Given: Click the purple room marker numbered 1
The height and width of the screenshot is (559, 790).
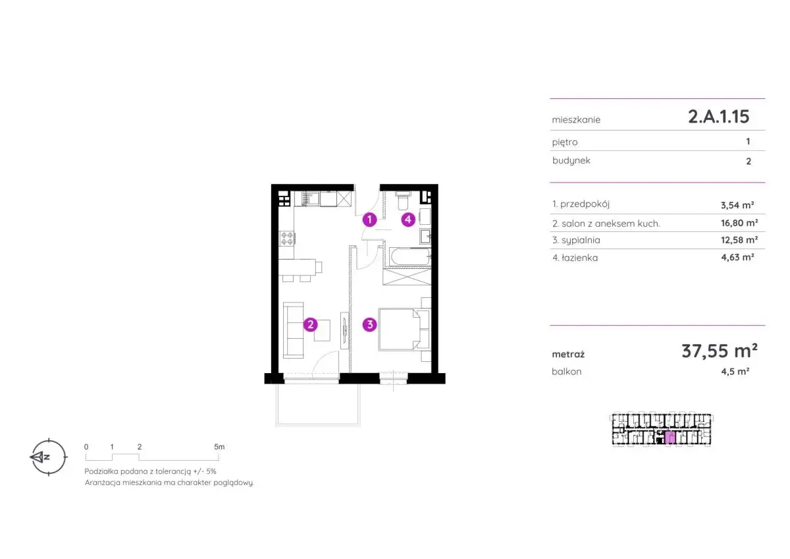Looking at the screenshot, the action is (369, 220).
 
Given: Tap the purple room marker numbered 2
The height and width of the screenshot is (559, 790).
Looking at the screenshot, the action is (310, 324).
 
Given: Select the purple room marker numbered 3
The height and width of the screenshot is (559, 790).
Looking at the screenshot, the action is (369, 324).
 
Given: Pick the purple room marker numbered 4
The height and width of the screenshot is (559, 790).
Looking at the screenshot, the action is (408, 220).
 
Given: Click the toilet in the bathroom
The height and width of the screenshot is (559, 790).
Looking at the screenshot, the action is (403, 200).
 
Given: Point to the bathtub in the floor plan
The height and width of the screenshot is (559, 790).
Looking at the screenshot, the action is (409, 256).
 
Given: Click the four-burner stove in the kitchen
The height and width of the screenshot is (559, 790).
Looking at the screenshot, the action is (287, 238).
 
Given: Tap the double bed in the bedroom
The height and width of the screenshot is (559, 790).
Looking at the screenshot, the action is (399, 330).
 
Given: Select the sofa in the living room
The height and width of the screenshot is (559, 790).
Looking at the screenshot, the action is (293, 330).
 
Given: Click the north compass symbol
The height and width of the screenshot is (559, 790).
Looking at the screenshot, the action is (48, 457).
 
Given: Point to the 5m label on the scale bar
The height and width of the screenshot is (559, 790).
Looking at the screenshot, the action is (219, 447).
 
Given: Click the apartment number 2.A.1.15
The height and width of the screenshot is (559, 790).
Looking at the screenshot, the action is (719, 116).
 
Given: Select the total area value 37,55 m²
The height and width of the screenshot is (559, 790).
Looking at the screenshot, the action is (720, 351).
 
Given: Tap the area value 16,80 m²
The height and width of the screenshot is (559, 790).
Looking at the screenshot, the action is (739, 223).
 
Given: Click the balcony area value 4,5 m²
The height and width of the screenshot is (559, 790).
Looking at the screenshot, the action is (735, 372).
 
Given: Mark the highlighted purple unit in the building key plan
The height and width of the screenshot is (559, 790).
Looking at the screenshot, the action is (670, 438).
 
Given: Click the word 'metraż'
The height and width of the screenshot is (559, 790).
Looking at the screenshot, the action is (568, 354).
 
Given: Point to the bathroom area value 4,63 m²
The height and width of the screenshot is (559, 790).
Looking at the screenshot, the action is (737, 257).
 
